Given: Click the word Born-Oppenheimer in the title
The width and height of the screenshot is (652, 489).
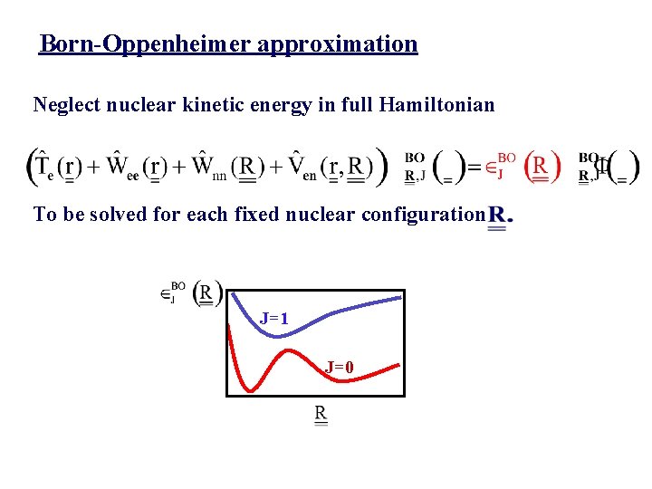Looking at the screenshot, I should point(146,43).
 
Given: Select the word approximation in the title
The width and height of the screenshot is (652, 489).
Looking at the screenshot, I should point(338,43).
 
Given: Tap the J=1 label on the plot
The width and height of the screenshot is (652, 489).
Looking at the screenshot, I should point(273,319).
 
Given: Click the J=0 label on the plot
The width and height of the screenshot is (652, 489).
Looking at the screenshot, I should point(340,367).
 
